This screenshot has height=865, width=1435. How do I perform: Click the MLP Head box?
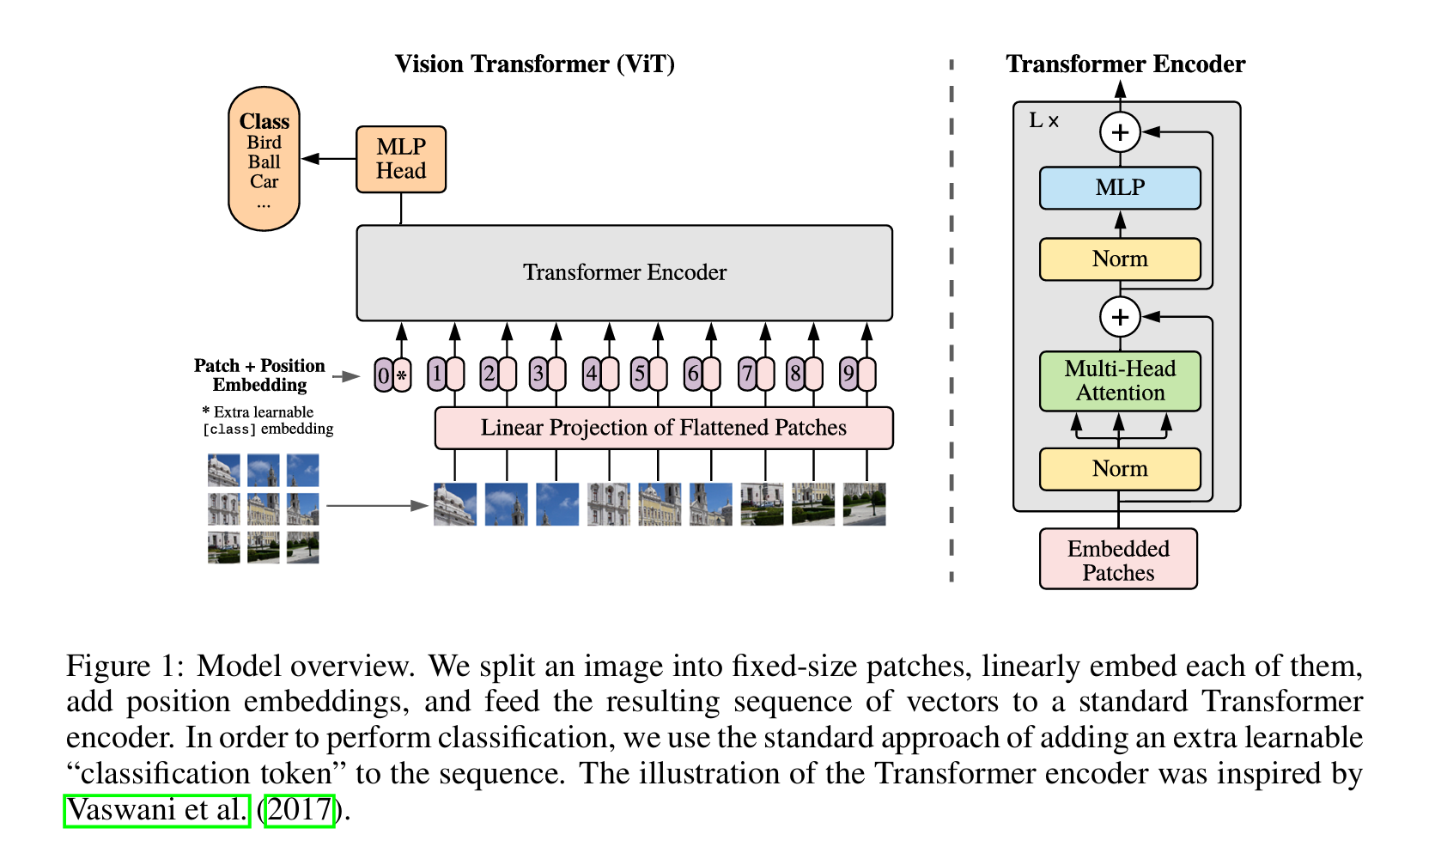(401, 160)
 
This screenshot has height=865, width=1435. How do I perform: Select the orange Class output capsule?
(264, 159)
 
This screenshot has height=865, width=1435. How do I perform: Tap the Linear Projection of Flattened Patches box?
(663, 428)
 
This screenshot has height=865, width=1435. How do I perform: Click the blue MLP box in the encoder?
(1120, 188)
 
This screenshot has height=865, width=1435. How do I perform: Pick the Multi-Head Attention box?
(1120, 381)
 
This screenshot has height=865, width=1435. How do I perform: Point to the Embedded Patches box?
(1118, 560)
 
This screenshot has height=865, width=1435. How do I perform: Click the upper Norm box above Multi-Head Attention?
(1120, 259)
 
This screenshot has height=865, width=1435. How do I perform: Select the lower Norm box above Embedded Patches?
(1120, 469)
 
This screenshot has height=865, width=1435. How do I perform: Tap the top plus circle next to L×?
(1120, 132)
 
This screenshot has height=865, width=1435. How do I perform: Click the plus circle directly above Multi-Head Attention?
(1120, 317)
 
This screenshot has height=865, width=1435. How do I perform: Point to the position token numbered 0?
(383, 375)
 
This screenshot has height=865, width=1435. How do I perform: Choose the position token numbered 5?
(640, 375)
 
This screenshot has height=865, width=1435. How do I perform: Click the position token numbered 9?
(848, 375)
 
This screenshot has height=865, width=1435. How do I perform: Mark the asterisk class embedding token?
(402, 375)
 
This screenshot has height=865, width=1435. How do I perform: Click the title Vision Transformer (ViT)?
(534, 64)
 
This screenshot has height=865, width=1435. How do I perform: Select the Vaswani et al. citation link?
(157, 810)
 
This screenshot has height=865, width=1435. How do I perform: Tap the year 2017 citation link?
(300, 810)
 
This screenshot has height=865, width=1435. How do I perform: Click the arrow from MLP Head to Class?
(329, 159)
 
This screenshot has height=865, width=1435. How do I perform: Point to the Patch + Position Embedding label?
(259, 375)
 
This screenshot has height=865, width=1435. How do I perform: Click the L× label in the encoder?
(1043, 121)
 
